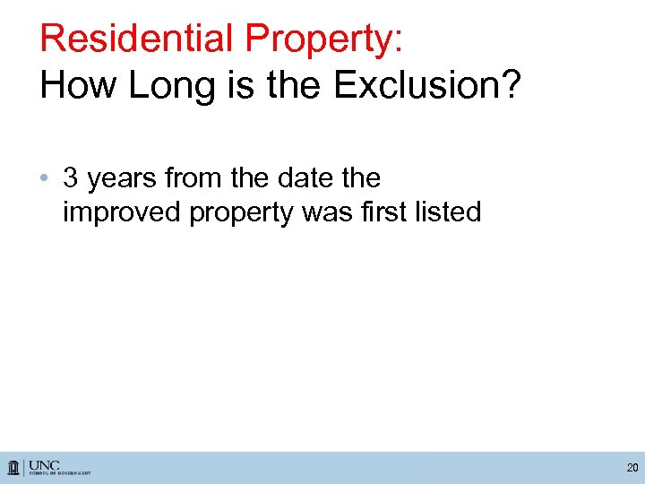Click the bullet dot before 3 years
coord(47,178)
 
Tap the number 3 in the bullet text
coord(71,177)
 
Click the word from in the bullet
coord(194,177)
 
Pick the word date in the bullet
coord(305,177)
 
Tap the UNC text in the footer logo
coord(45,464)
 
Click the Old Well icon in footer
coord(14,468)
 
